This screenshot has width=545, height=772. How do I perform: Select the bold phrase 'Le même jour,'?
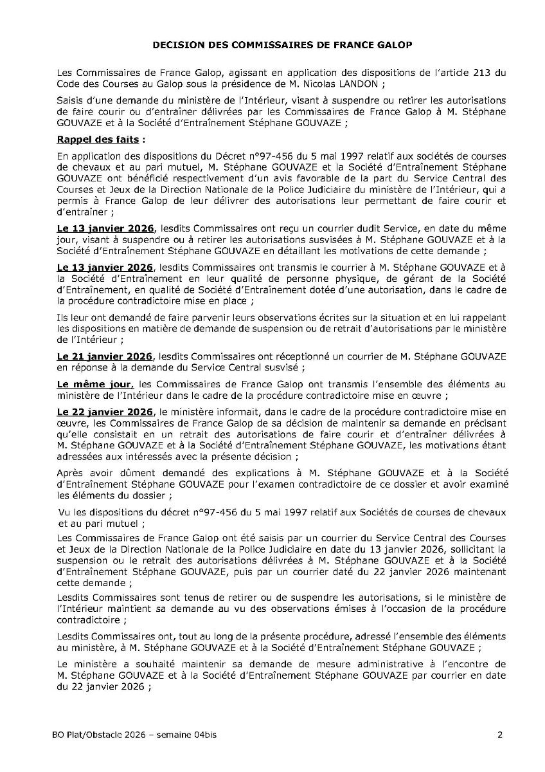point(94,384)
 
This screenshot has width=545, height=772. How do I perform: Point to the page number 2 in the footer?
point(499,735)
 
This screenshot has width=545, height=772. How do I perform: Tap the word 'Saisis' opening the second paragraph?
point(70,101)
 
